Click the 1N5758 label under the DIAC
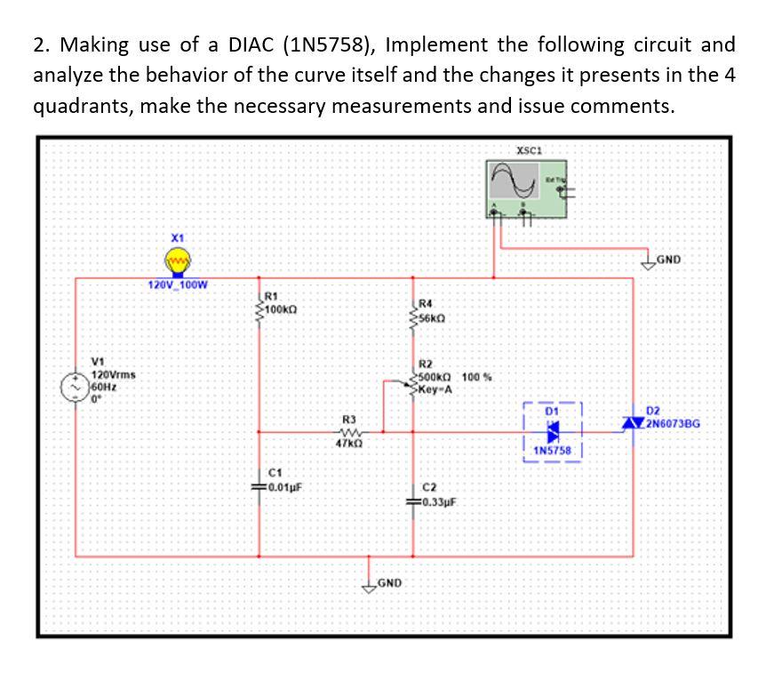[552, 450]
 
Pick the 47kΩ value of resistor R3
[348, 442]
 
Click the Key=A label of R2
[436, 389]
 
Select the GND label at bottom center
[390, 583]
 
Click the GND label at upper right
[668, 260]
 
